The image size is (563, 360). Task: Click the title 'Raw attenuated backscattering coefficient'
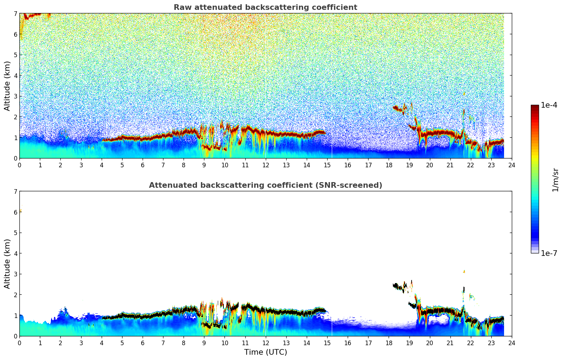click(265, 7)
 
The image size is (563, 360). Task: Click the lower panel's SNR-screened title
click(265, 185)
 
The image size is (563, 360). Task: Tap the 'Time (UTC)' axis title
click(265, 352)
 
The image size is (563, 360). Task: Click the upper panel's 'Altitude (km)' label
click(7, 86)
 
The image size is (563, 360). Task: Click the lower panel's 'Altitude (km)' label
click(7, 264)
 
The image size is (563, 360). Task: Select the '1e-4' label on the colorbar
click(549, 105)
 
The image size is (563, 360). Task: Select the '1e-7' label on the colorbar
click(549, 253)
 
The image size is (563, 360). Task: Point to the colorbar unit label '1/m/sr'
click(555, 180)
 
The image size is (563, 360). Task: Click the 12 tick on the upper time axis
click(265, 165)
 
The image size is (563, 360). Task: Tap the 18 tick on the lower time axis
click(389, 343)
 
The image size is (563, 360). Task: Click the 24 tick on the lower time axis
click(511, 343)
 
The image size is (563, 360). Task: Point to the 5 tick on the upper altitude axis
click(15, 55)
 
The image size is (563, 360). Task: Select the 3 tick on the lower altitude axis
click(15, 274)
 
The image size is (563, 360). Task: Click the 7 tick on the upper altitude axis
click(15, 14)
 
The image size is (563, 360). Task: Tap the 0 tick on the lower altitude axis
click(15, 336)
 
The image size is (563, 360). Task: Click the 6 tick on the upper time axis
click(143, 165)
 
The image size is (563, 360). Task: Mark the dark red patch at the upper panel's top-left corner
click(32, 15)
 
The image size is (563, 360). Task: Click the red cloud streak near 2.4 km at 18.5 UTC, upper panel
click(399, 108)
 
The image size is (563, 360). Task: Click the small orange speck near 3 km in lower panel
click(464, 271)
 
